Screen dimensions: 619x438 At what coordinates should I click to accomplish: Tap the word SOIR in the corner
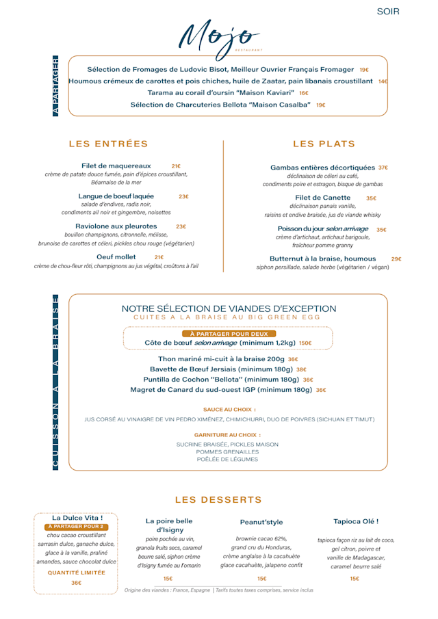(388, 12)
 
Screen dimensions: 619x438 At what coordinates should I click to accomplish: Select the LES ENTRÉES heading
(109, 144)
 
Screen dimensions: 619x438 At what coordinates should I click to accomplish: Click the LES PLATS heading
(324, 144)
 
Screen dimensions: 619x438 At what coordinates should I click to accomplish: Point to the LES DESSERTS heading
(218, 500)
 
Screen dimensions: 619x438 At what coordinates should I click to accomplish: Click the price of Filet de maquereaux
(176, 166)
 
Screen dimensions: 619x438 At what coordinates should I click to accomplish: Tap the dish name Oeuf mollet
(116, 257)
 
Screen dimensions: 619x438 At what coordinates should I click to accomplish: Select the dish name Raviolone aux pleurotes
(116, 226)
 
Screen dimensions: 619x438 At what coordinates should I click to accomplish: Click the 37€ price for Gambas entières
(383, 168)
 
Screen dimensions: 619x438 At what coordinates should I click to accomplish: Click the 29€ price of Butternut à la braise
(396, 259)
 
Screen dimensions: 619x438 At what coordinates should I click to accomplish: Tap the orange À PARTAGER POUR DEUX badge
(229, 334)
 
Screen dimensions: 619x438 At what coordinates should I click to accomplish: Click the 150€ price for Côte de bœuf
(305, 343)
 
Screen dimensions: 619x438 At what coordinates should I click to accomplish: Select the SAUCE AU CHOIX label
(229, 409)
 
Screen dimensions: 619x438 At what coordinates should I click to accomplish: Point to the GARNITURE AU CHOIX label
(228, 435)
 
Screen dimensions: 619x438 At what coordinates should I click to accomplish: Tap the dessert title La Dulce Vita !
(77, 518)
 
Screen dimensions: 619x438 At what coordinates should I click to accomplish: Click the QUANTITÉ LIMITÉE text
(77, 572)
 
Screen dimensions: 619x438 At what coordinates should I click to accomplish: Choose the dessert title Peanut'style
(261, 522)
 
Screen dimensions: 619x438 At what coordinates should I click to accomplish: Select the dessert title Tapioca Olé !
(356, 521)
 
